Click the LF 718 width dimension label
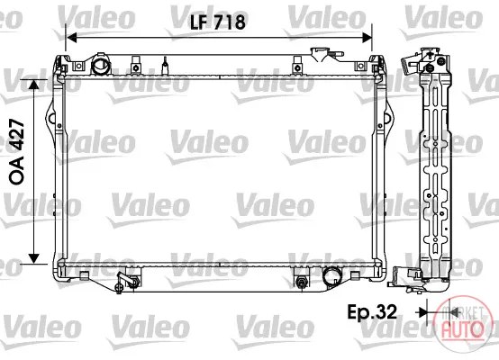[x=218, y=22]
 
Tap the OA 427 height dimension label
[x=16, y=152]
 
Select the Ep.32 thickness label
[x=372, y=311]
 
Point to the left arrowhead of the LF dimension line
[x=71, y=38]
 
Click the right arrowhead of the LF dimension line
[x=367, y=38]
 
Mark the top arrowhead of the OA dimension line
[x=33, y=84]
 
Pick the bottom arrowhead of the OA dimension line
[x=33, y=258]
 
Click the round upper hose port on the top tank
[x=101, y=65]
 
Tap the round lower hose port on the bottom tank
[x=331, y=276]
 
